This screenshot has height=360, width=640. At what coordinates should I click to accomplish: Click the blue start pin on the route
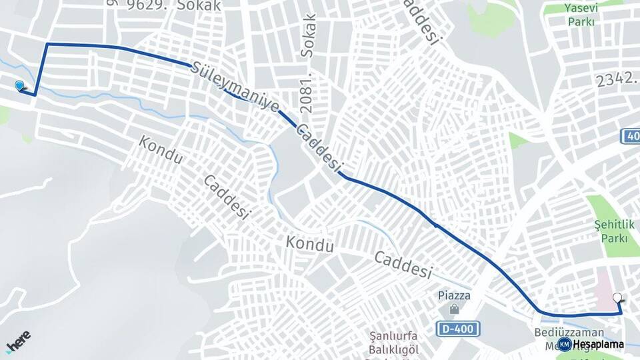tap(19, 85)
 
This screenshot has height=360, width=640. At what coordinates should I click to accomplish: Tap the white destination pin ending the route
tap(617, 299)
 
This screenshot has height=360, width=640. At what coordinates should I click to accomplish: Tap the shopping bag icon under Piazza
tap(454, 309)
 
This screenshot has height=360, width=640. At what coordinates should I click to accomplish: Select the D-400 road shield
tap(459, 329)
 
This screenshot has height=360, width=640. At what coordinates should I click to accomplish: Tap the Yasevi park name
tap(581, 8)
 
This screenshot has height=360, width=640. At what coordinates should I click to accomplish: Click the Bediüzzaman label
tap(569, 332)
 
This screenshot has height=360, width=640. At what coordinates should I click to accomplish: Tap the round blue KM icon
tap(564, 344)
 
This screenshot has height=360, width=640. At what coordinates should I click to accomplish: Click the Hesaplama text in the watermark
tap(598, 344)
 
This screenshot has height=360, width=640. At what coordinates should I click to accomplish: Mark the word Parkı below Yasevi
tap(581, 21)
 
